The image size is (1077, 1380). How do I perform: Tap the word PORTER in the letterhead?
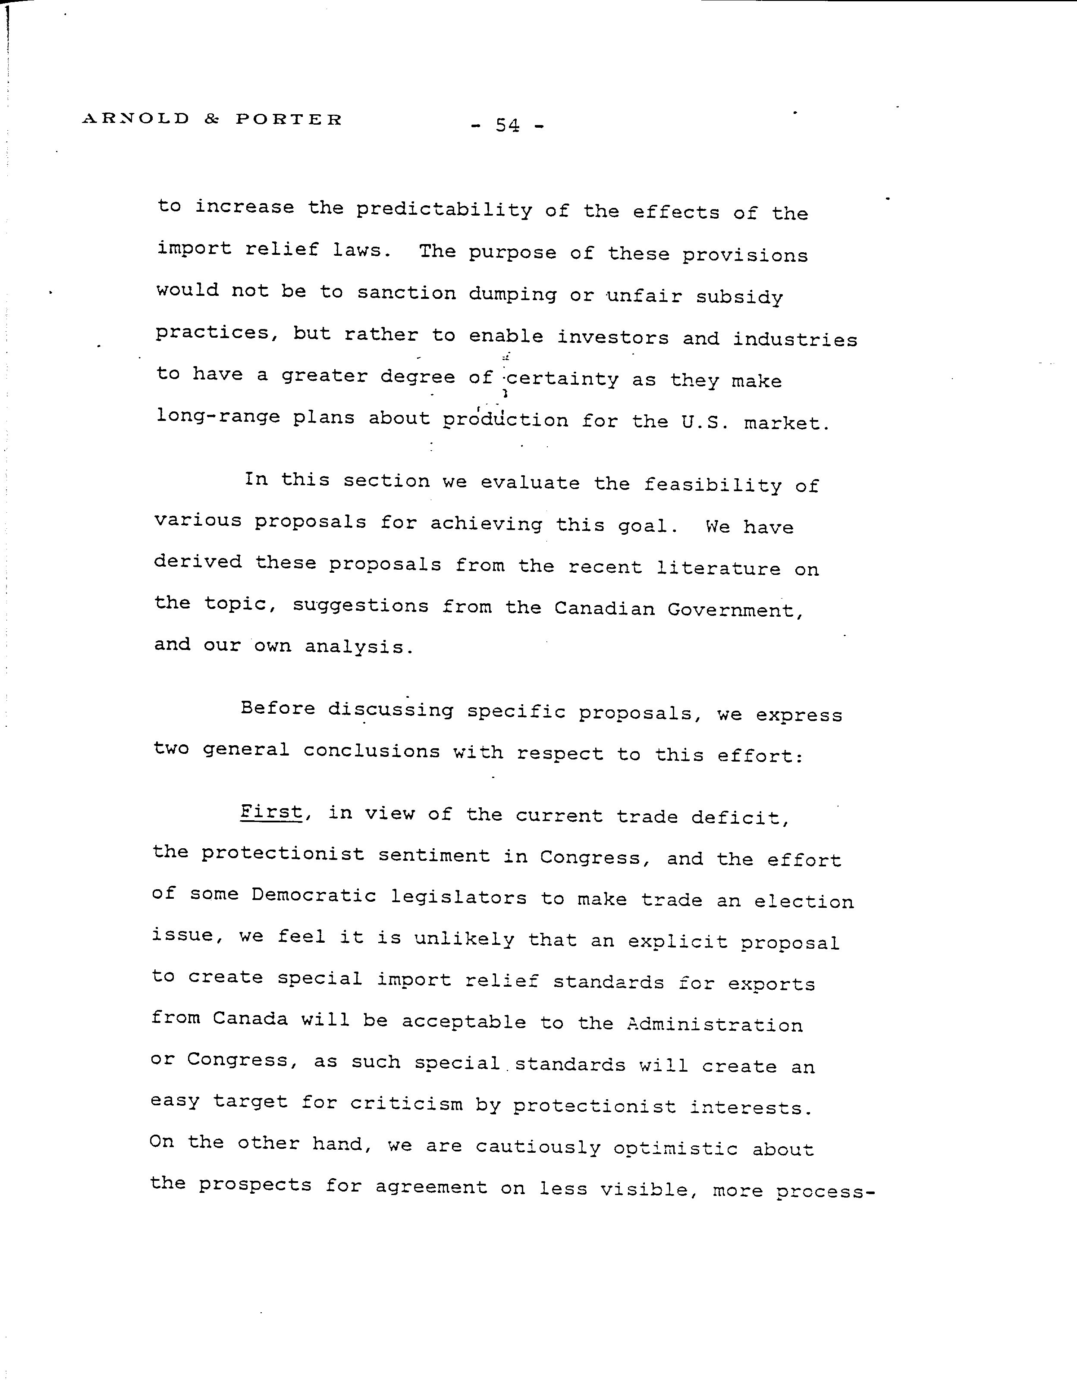[289, 119]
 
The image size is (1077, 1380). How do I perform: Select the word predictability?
[444, 210]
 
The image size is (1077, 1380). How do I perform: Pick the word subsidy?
[739, 298]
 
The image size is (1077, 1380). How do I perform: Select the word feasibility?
[712, 485]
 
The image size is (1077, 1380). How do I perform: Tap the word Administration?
[714, 1024]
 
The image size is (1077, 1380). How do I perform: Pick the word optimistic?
[675, 1148]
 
